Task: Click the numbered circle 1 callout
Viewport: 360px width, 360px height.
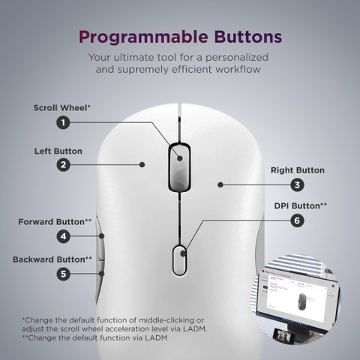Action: pyautogui.click(x=63, y=122)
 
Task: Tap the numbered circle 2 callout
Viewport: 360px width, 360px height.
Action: pyautogui.click(x=63, y=165)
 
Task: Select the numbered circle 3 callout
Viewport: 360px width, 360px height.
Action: pyautogui.click(x=297, y=185)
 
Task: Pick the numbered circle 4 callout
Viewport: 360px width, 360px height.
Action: pyautogui.click(x=63, y=236)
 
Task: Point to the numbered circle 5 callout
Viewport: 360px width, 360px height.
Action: pyautogui.click(x=63, y=274)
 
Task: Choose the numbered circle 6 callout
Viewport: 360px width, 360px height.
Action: pyautogui.click(x=297, y=220)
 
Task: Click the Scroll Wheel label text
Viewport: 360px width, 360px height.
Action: pyautogui.click(x=61, y=108)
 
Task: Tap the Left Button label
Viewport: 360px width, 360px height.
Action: pyautogui.click(x=58, y=151)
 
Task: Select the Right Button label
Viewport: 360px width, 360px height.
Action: pyautogui.click(x=298, y=170)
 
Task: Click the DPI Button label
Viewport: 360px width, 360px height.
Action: pyautogui.click(x=301, y=205)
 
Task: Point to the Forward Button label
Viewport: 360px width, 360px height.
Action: pyautogui.click(x=55, y=222)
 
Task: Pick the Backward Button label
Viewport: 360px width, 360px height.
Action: pyautogui.click(x=52, y=259)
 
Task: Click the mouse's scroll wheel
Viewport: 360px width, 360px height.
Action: pyautogui.click(x=179, y=167)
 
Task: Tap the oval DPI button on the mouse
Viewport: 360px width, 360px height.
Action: pyautogui.click(x=179, y=260)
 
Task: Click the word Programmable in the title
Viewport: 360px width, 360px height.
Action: pyautogui.click(x=143, y=37)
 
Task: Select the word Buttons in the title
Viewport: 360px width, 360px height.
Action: pyautogui.click(x=248, y=37)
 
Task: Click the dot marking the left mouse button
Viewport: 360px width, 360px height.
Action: pyautogui.click(x=142, y=164)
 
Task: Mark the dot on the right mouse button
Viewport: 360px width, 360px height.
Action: pyautogui.click(x=220, y=184)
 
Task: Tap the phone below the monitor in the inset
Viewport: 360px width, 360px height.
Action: pyautogui.click(x=283, y=337)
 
